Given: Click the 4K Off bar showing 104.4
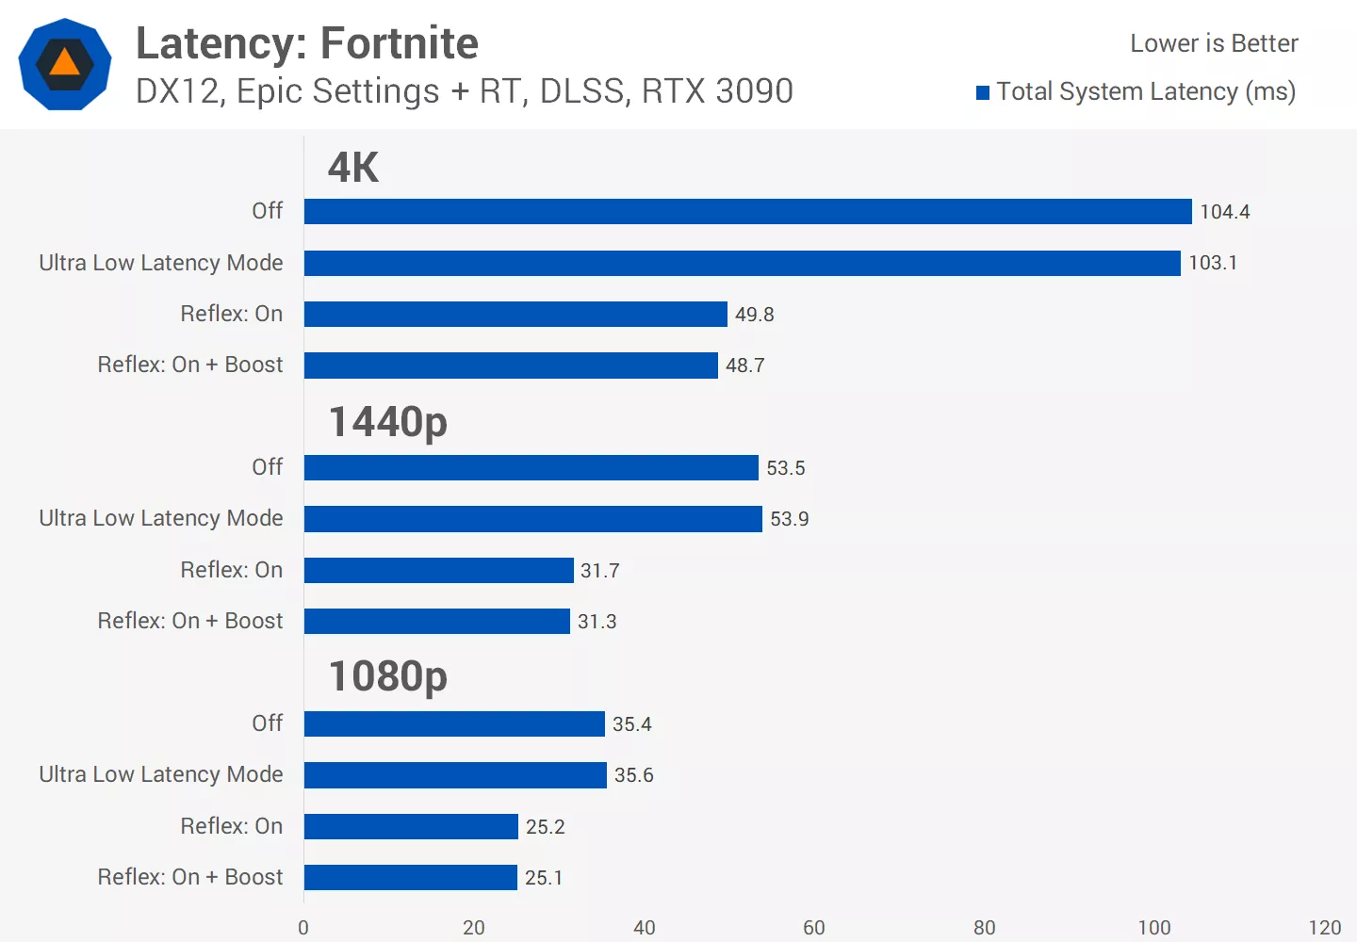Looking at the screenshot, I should tap(747, 211).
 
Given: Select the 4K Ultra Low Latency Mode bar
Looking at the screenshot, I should tap(742, 263).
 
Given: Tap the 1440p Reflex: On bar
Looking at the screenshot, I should tap(438, 570).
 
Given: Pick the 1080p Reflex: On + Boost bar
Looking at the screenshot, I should tap(410, 877).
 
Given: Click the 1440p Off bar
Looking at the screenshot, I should tap(531, 467).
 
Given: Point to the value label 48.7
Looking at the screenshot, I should tap(744, 365).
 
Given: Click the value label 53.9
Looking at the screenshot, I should tap(789, 519).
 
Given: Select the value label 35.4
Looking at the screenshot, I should tap(631, 724).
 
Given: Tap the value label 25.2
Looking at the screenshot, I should tap(545, 827).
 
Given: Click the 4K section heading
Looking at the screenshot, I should tap(352, 168).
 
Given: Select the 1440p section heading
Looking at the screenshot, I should tap(387, 422).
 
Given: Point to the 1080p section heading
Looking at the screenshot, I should tap(387, 676).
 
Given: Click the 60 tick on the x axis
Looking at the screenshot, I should tap(813, 928).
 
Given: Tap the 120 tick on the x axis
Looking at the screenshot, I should tap(1324, 928).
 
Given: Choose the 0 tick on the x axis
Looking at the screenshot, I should tap(303, 928).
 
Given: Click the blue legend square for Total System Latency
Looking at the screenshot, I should tap(983, 92).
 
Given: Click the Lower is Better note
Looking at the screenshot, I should tap(1214, 43).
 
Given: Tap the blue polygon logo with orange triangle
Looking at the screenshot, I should tap(65, 64).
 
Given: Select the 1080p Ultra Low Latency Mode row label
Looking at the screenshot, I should tap(161, 774).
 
